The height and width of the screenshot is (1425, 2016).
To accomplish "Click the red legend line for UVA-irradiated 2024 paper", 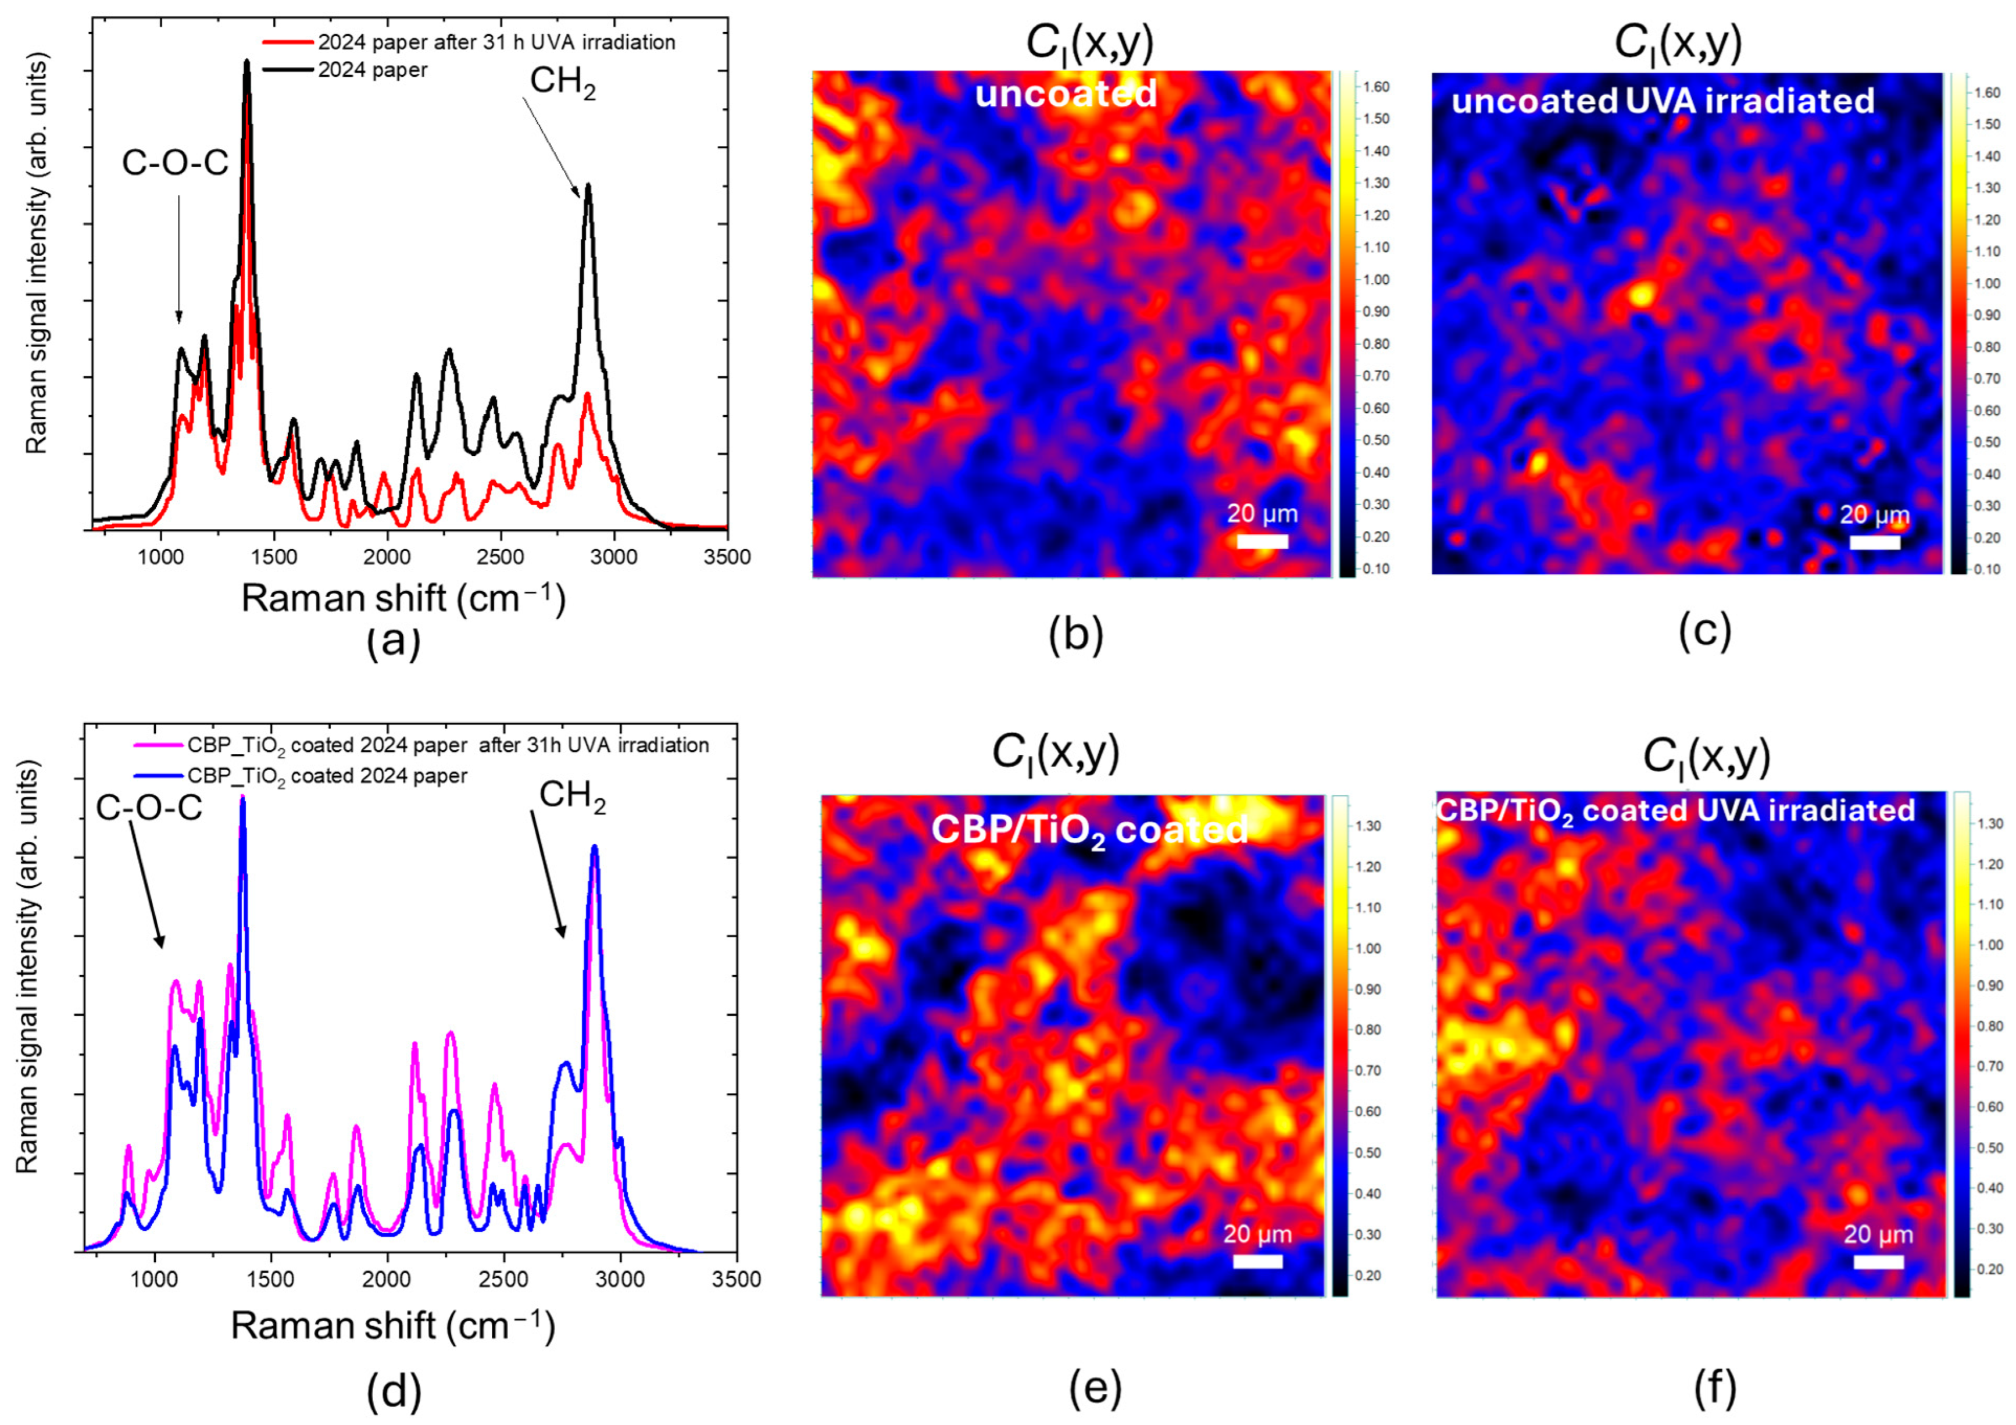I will click(x=288, y=42).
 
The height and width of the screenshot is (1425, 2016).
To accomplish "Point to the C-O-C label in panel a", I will click(x=175, y=163).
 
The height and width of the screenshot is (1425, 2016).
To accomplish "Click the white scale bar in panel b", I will click(x=1262, y=542).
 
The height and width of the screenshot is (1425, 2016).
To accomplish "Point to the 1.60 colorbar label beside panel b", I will click(x=1375, y=87).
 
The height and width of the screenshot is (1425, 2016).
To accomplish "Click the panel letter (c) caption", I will click(x=1703, y=631).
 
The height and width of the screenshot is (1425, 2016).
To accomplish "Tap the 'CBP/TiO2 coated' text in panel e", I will click(x=1089, y=829).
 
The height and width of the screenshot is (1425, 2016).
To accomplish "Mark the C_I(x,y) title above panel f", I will click(x=1706, y=757).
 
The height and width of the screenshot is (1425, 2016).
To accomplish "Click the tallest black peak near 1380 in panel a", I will click(x=246, y=62).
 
